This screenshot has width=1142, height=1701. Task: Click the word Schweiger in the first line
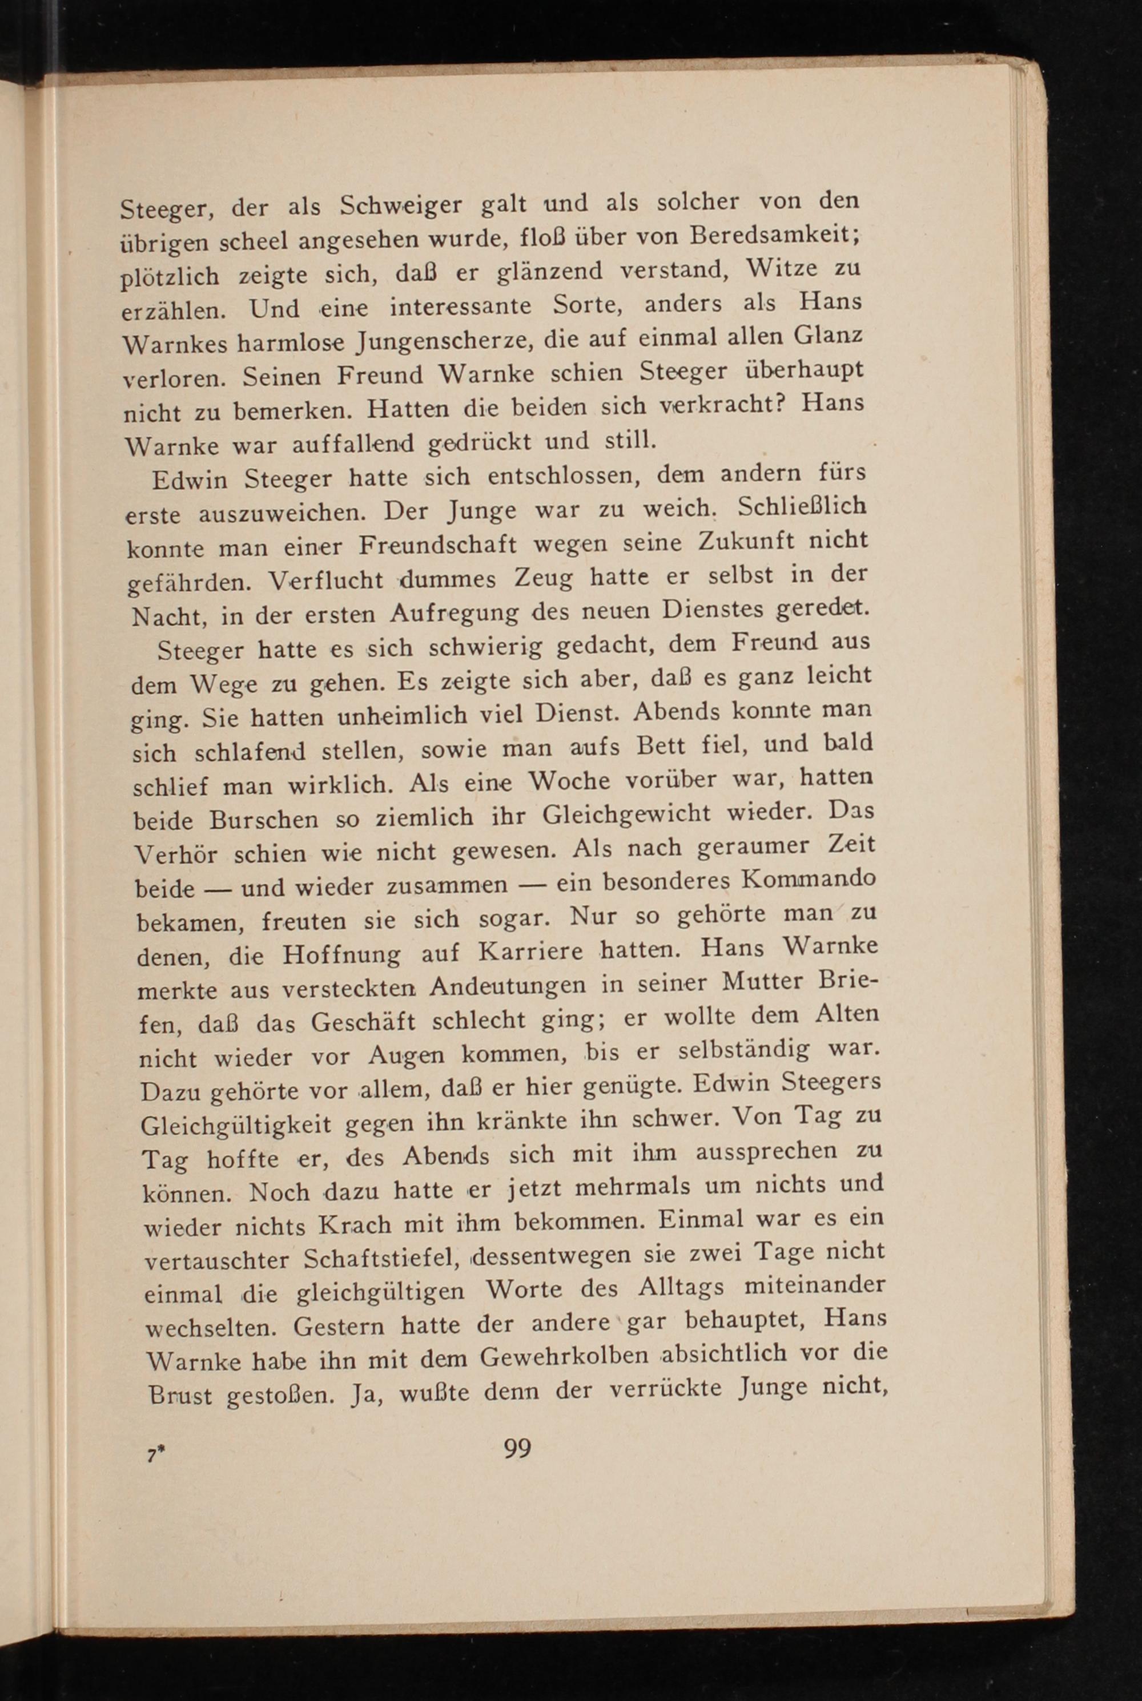click(401, 207)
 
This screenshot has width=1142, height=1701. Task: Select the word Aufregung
click(454, 615)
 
